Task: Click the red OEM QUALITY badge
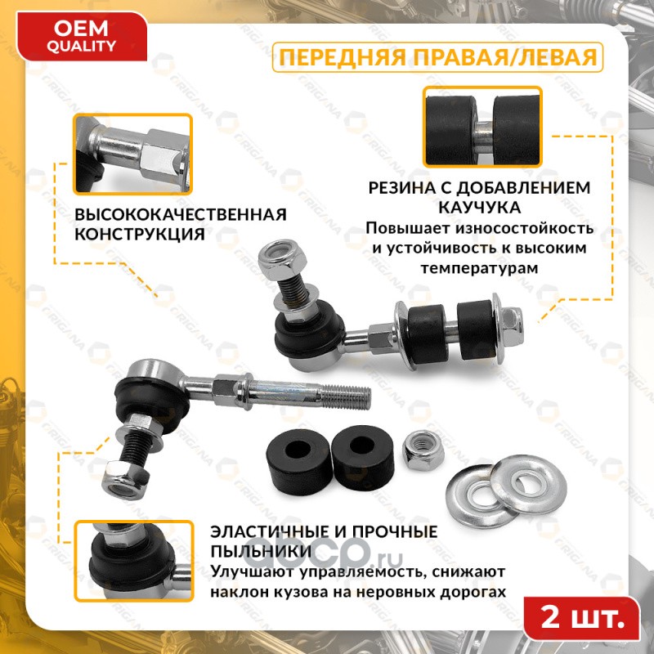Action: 81,37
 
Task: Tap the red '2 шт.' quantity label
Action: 582,618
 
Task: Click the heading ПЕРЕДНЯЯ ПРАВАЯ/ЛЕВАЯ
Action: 437,57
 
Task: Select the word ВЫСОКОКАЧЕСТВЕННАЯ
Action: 181,214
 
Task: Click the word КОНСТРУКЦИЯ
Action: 140,234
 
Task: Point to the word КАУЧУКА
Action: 479,208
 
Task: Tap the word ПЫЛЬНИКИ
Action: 261,551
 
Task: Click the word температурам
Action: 479,268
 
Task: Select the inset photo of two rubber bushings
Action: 482,127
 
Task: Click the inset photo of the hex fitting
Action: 132,154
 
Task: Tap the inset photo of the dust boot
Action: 133,561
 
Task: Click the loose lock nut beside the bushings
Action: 422,450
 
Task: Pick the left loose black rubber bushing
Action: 299,461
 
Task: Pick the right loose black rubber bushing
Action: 362,457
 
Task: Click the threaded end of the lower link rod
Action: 346,396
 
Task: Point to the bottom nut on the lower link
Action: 125,478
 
